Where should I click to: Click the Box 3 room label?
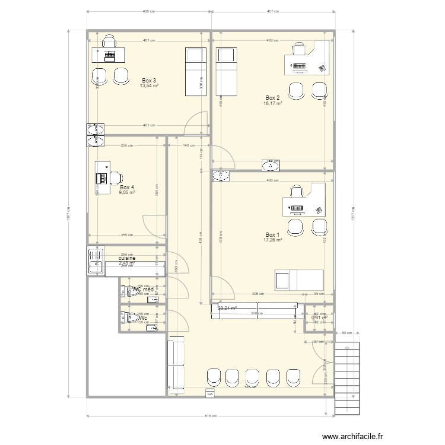150,80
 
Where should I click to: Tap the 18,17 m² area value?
272,103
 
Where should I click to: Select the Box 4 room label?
127,187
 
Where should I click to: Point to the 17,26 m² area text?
272,240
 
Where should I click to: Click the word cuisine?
127,258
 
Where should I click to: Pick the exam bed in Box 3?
195,72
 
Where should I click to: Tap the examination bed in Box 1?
298,279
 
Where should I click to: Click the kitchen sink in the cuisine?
94,261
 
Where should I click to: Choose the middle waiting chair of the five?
253,377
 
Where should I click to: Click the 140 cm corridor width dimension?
188,145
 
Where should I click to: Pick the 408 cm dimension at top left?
148,12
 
